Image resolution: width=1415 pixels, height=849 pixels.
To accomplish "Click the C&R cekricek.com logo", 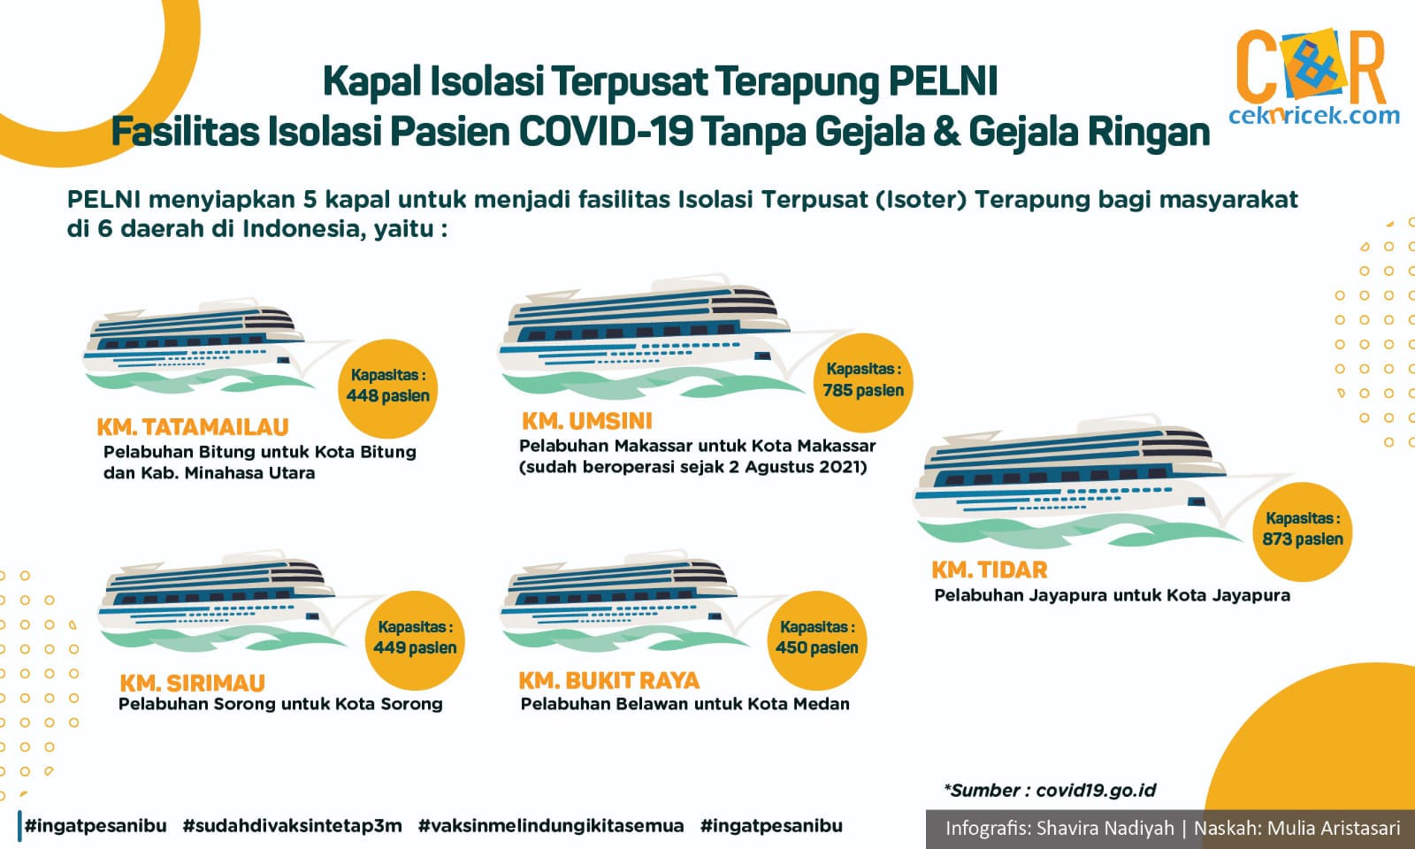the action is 1314,76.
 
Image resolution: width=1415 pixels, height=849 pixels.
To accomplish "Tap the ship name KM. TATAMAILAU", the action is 193,428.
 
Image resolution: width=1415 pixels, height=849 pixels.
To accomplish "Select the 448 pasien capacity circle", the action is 388,388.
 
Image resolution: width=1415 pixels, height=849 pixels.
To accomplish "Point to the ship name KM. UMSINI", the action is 587,421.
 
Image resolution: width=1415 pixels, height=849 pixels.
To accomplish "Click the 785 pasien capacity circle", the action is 863,382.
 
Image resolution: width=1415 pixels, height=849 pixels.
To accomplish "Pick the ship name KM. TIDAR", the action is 990,570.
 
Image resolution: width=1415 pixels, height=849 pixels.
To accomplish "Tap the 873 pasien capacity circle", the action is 1303,532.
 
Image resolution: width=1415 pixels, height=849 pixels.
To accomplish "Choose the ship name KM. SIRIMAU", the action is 192,684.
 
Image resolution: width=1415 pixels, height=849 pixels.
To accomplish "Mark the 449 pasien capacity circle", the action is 415,640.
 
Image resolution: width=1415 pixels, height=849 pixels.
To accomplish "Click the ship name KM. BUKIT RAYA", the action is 609,681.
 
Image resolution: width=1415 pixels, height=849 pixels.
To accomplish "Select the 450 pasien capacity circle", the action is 817,640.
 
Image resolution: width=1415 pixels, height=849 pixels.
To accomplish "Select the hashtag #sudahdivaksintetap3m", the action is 292,826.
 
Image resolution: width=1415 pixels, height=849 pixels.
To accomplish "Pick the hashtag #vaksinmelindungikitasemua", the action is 551,826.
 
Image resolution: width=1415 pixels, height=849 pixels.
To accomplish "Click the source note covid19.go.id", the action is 1096,791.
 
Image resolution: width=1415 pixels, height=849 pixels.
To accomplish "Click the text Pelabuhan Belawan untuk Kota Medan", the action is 685,704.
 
